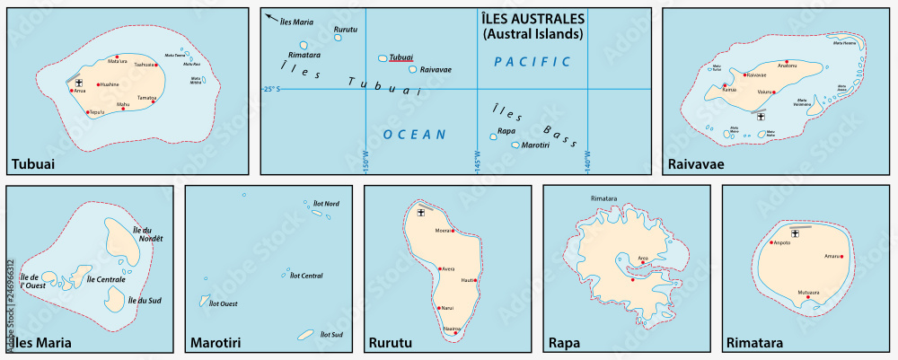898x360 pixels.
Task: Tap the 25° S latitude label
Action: tap(271, 89)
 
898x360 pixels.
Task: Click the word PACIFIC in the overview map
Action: tap(532, 61)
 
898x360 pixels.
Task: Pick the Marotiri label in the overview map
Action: tap(536, 145)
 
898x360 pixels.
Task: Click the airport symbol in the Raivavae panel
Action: tap(762, 117)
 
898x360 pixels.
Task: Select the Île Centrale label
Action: tap(105, 280)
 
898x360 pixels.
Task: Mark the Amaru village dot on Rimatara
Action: tap(842, 257)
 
